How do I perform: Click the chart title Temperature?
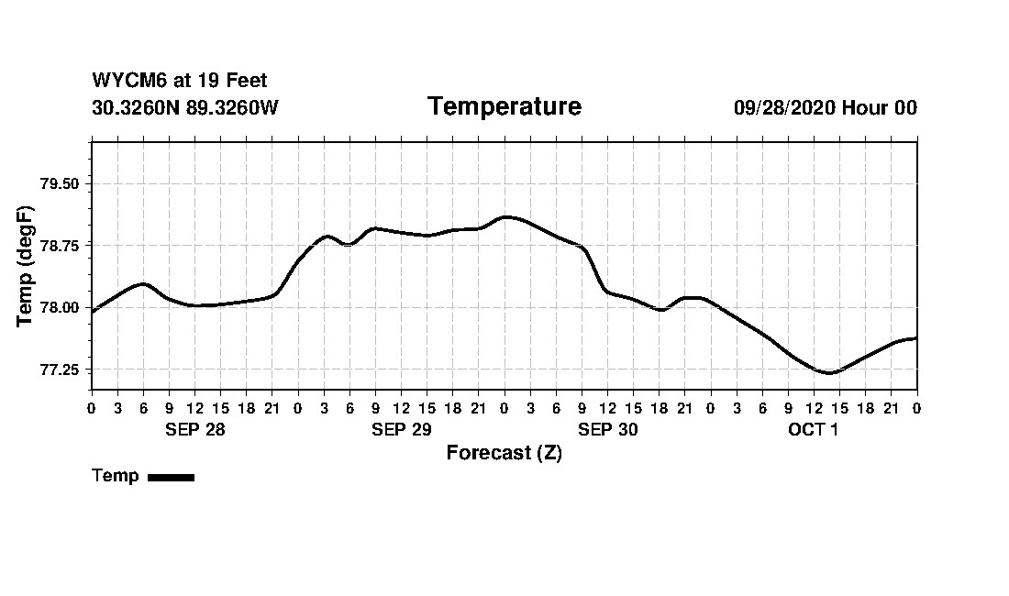coord(504,106)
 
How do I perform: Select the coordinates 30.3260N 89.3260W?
coord(184,107)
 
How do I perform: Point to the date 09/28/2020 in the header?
coord(784,107)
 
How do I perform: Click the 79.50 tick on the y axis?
coord(60,183)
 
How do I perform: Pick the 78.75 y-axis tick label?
coord(60,246)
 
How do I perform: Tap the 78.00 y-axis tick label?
coord(60,308)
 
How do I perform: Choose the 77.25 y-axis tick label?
coord(60,370)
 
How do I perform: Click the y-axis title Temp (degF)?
coord(26,266)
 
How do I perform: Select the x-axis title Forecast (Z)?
coord(504,453)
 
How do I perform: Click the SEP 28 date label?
coord(194,429)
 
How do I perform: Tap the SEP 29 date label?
coord(401,429)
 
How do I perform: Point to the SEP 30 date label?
coord(607,429)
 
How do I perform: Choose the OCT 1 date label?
coord(813,429)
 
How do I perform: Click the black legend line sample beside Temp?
coord(171,477)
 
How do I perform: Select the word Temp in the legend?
coord(116,476)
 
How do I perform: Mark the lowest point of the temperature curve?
coord(828,373)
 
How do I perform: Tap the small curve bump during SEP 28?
coord(143,283)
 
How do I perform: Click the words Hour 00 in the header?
coord(880,107)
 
